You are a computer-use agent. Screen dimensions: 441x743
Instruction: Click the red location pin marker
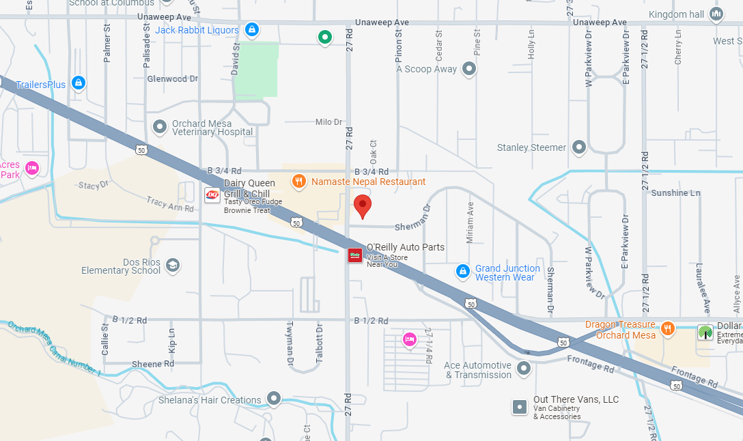pos(362,205)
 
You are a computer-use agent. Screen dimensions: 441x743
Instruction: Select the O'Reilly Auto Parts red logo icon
pos(355,255)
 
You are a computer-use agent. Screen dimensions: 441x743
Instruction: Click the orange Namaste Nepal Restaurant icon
pos(298,182)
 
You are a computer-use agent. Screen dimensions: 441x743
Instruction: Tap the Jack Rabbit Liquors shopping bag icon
pos(252,30)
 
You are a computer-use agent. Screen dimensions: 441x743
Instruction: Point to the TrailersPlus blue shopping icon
pos(79,83)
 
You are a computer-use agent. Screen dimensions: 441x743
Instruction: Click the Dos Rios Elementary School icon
pos(173,265)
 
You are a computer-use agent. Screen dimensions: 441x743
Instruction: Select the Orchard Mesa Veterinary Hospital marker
pos(160,126)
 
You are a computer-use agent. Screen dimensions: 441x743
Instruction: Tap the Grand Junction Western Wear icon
pos(463,272)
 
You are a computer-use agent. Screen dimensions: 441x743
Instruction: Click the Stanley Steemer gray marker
pos(579,147)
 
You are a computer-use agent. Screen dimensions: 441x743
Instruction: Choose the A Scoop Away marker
pos(469,69)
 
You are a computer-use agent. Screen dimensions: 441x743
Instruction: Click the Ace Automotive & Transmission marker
pos(524,369)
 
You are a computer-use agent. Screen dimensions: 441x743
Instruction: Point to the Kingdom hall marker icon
pos(716,14)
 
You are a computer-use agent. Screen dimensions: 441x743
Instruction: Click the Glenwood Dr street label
pos(172,79)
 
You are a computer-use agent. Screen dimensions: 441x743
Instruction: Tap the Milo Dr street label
pos(328,122)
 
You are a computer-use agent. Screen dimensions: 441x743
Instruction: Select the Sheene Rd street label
pos(153,365)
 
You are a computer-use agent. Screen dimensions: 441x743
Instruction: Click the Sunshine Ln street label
pos(675,193)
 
